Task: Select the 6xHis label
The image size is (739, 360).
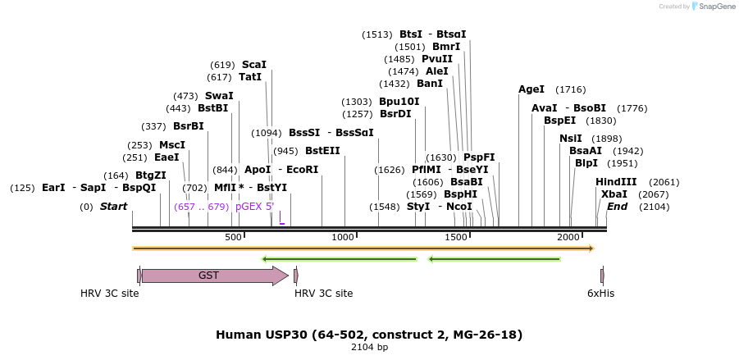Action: pyautogui.click(x=600, y=293)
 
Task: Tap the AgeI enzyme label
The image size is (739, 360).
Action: pyautogui.click(x=531, y=89)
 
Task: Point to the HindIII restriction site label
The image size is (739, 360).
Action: pyautogui.click(x=615, y=182)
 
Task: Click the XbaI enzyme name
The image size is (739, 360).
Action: pyautogui.click(x=614, y=194)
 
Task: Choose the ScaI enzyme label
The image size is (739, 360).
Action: pyautogui.click(x=253, y=65)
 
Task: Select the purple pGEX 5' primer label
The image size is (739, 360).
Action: pyautogui.click(x=254, y=207)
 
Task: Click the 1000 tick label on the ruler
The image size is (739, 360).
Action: pyautogui.click(x=342, y=237)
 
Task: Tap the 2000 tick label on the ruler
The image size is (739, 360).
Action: pyautogui.click(x=568, y=237)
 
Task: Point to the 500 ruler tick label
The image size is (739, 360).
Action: pyautogui.click(x=234, y=237)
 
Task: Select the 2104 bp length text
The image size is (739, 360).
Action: pyautogui.click(x=369, y=348)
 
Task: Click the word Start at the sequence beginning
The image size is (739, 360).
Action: pyautogui.click(x=113, y=207)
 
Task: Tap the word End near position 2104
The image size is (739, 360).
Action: pyautogui.click(x=617, y=207)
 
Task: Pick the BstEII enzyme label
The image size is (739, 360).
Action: pyautogui.click(x=322, y=151)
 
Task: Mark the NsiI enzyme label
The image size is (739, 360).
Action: pyautogui.click(x=570, y=139)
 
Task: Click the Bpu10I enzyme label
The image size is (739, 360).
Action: pyautogui.click(x=399, y=102)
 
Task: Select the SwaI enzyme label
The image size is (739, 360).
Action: pyautogui.click(x=219, y=96)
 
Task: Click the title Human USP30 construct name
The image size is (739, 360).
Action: pyautogui.click(x=369, y=335)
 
